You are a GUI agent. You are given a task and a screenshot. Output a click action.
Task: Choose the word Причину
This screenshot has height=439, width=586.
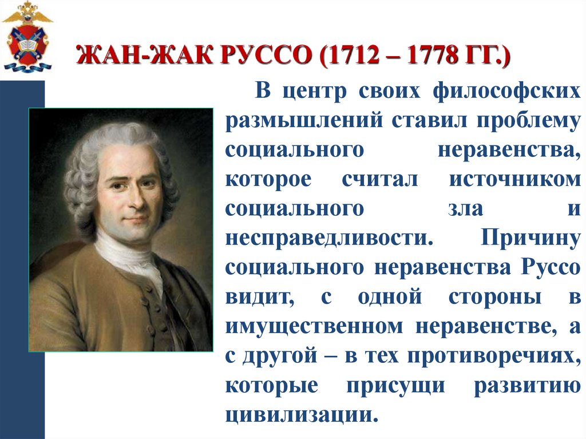click(x=529, y=238)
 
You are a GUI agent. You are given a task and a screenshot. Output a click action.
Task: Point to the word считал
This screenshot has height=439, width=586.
click(x=380, y=179)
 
